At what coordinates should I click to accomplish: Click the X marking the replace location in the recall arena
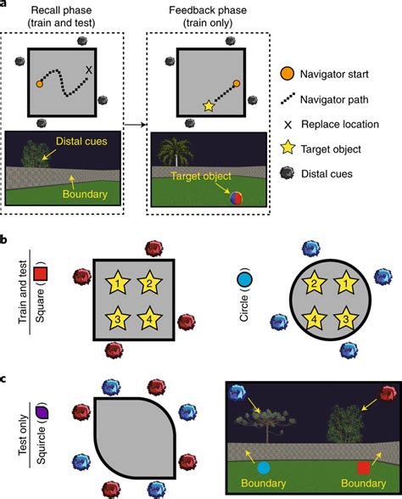[x=89, y=70]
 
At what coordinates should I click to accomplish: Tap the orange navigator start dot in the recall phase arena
[x=40, y=84]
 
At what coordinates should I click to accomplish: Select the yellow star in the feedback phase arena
[x=207, y=106]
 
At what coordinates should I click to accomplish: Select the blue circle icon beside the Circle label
[x=244, y=278]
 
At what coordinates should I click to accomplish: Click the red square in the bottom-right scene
[x=363, y=468]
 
